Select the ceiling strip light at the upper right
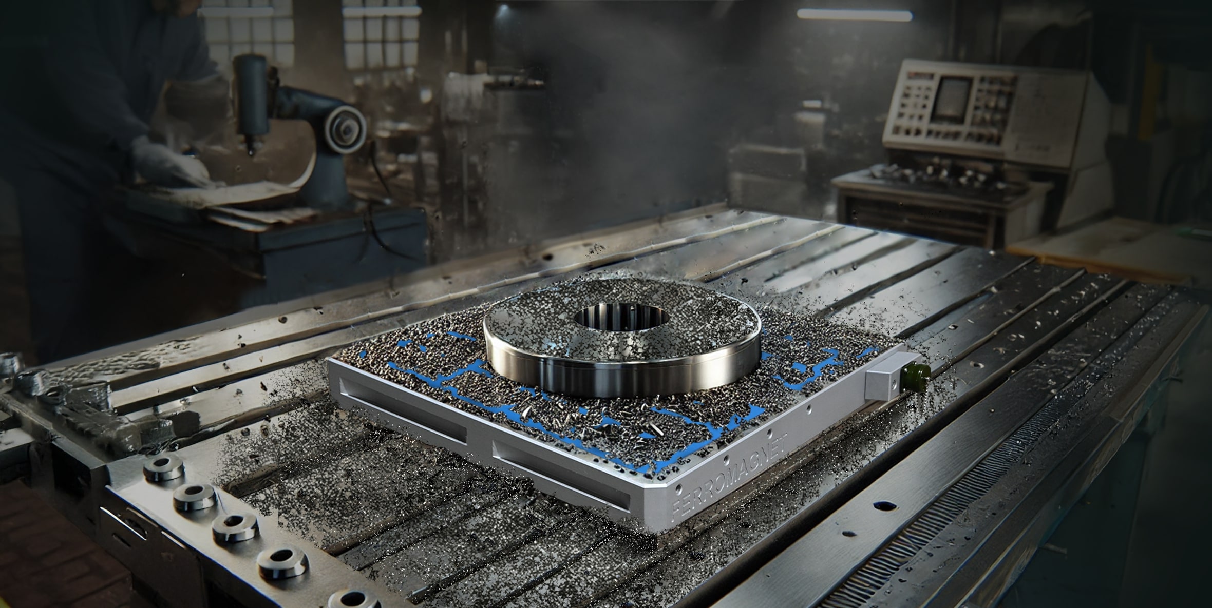855,15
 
